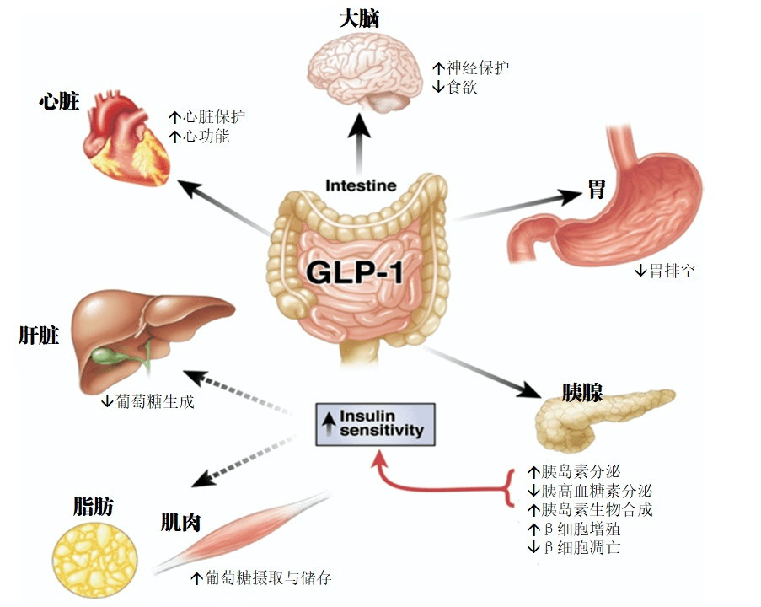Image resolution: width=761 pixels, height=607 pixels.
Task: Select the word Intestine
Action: click(x=361, y=185)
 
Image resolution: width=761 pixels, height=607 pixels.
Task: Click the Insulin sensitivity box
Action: click(x=375, y=424)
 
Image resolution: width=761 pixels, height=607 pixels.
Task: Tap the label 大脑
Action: click(x=359, y=19)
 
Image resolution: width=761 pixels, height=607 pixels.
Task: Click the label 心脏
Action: click(x=59, y=102)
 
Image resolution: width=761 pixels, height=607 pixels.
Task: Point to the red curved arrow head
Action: click(x=380, y=459)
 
